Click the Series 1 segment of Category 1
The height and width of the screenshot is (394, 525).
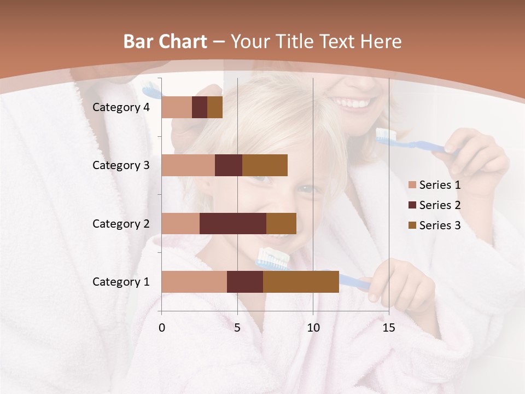pos(194,282)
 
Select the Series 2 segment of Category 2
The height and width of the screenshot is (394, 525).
pos(233,223)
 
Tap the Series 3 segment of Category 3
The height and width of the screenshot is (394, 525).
pos(265,165)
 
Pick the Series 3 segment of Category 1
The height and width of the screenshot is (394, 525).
pos(301,282)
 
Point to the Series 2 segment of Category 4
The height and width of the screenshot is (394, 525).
pos(200,107)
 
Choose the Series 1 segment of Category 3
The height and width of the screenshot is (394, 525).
pos(188,165)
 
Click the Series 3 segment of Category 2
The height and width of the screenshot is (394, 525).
pos(281,223)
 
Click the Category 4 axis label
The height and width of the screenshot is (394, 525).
pos(121,107)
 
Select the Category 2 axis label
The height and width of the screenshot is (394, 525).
pos(121,223)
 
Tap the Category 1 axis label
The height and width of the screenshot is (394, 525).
pos(121,282)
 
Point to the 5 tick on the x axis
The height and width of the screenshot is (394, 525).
pos(237,328)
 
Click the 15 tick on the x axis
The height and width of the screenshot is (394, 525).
pos(388,328)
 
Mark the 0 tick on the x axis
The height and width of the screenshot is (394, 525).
pos(162,328)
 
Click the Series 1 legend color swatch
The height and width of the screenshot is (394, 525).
pos(412,185)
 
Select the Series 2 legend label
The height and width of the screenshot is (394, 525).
pos(440,205)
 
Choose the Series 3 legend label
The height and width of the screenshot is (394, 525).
pos(440,225)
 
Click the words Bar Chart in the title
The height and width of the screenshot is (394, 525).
pos(165,41)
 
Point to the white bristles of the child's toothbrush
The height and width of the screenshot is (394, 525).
pos(273,254)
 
